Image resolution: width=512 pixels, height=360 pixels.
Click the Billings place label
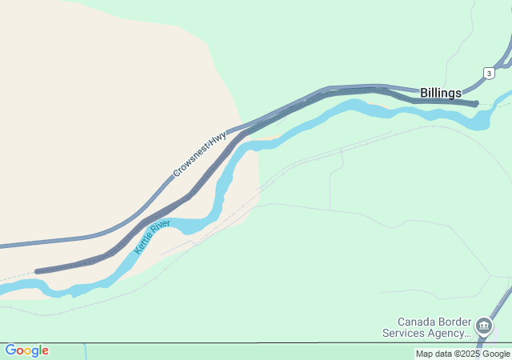441,93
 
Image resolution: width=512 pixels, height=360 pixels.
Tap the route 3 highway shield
488,73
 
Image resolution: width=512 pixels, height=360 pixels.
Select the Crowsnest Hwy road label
200,154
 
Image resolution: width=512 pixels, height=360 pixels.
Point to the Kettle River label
152,237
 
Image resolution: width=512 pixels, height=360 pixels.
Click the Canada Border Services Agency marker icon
483,326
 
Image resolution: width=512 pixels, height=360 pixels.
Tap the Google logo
26,350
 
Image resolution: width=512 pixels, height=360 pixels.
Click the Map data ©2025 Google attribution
462,354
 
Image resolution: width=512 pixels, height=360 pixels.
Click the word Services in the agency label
405,333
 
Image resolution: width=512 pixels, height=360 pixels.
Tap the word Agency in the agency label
448,333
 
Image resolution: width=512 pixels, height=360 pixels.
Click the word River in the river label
161,228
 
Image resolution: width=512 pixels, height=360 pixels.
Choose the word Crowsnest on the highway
191,162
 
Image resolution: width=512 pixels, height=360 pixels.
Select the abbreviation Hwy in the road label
218,138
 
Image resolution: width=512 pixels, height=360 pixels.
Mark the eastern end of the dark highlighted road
476,103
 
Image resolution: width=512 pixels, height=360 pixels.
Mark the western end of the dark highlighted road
37,272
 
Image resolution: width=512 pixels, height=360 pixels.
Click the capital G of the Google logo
10,350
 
